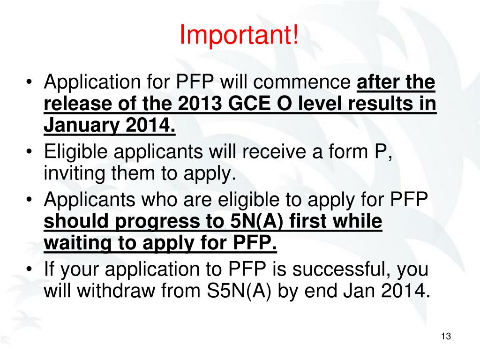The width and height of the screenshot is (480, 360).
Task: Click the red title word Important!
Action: [239, 36]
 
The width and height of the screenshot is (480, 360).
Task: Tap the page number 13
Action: [445, 337]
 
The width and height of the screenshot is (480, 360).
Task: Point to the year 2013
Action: [197, 104]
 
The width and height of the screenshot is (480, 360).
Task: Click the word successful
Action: [341, 269]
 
